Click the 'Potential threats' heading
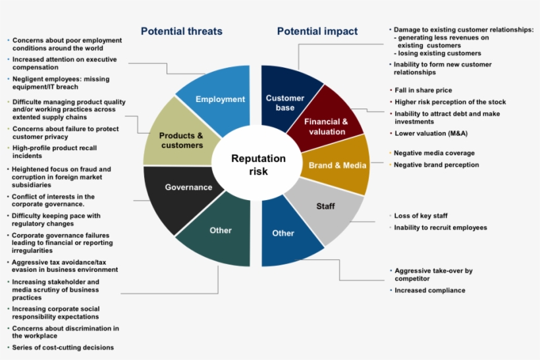click(x=182, y=32)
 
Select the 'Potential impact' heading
click(x=317, y=32)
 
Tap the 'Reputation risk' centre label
click(x=258, y=165)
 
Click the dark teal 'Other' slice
click(x=221, y=234)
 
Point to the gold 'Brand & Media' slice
click(x=336, y=165)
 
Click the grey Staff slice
click(x=325, y=210)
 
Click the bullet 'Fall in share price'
click(x=423, y=90)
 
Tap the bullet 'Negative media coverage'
click(x=434, y=153)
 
